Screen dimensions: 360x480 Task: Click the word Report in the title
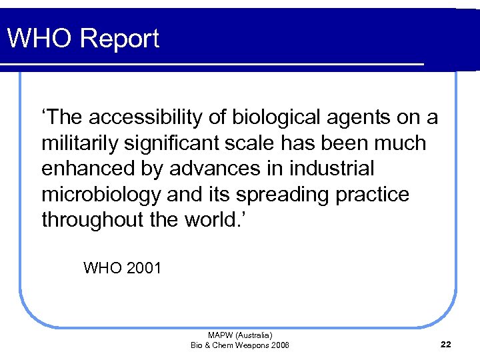[x=120, y=39]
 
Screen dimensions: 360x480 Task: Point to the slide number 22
[x=446, y=344]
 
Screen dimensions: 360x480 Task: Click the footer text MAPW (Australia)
[x=240, y=335]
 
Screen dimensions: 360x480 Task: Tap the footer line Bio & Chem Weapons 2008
[x=240, y=345]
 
